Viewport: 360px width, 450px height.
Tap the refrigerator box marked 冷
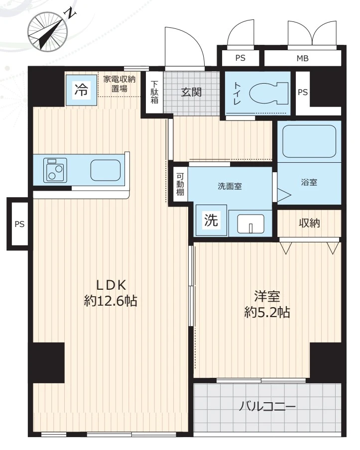82,90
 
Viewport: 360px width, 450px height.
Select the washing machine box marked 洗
211,220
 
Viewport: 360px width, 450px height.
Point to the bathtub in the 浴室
309,141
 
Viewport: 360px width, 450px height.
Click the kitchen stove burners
55,170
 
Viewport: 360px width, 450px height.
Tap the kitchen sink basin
106,170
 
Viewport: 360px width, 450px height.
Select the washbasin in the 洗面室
250,224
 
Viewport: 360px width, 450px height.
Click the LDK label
111,285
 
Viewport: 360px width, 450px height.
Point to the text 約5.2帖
267,312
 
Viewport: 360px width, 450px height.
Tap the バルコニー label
267,406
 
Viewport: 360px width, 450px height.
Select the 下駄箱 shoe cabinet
154,92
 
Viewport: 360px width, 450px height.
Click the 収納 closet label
309,223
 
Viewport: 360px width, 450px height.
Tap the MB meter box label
303,59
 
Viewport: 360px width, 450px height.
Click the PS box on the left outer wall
18,224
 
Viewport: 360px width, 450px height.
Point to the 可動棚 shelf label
180,185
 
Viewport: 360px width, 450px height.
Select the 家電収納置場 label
120,84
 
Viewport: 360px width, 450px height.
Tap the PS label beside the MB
240,58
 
